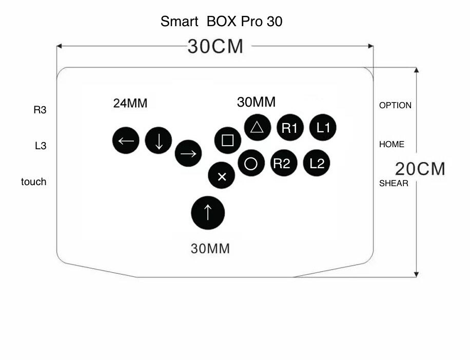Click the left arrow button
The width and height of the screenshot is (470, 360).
click(126, 141)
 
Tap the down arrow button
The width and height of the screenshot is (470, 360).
click(159, 141)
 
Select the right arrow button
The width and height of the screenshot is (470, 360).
click(188, 154)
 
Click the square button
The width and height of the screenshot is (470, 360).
click(228, 141)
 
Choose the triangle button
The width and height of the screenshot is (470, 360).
click(257, 127)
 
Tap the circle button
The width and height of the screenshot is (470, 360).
click(251, 164)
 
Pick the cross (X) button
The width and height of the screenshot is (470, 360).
click(222, 176)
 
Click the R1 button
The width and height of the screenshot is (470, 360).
click(290, 128)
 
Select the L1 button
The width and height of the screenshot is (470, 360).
click(323, 128)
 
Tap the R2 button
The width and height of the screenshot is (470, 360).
click(284, 164)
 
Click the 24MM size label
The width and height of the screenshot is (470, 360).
click(130, 104)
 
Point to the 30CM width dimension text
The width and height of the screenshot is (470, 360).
click(216, 47)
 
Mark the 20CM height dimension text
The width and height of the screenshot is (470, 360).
click(420, 169)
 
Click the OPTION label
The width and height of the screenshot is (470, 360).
click(395, 106)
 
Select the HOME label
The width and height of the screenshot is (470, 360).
click(391, 145)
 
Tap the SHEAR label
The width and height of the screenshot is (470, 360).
click(394, 184)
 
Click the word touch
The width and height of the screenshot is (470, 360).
click(33, 182)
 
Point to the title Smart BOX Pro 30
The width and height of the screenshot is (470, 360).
click(221, 22)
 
